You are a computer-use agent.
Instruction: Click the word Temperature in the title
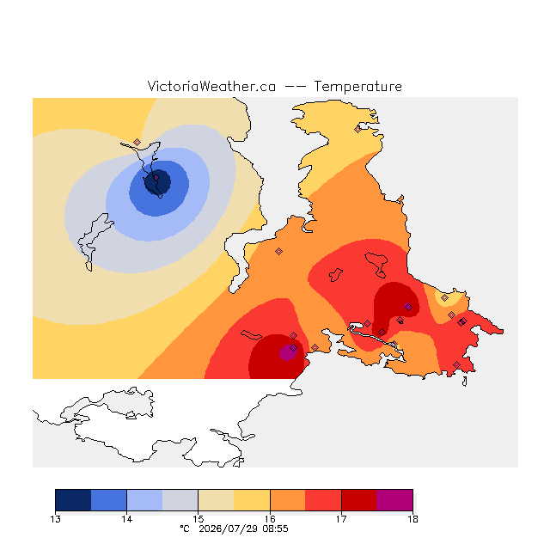coord(357,86)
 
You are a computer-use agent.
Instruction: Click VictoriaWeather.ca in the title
coord(211,86)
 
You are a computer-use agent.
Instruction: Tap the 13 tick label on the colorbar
coord(55,519)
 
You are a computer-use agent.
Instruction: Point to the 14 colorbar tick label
coord(126,519)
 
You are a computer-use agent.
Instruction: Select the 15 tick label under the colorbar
coord(199,519)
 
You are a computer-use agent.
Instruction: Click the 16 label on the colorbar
coord(270,519)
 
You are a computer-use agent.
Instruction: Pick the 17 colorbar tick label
coord(341,519)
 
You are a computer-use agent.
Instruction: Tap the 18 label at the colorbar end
coord(412,519)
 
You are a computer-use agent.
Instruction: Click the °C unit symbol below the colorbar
coord(185,529)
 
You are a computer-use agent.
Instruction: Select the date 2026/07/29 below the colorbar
coord(228,529)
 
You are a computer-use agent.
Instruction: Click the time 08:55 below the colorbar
coord(275,529)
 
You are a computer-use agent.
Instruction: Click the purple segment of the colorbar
coord(394,500)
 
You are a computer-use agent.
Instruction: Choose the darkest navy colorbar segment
coord(73,500)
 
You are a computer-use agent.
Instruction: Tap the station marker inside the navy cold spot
coord(156,178)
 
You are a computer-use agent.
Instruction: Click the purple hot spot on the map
coord(288,352)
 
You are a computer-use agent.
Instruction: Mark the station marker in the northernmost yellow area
coord(357,130)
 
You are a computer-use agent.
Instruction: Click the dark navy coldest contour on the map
coord(158,182)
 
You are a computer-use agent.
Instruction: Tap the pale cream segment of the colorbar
coord(216,500)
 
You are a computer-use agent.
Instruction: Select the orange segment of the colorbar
coord(288,500)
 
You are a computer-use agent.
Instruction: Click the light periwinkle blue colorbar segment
coord(144,500)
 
